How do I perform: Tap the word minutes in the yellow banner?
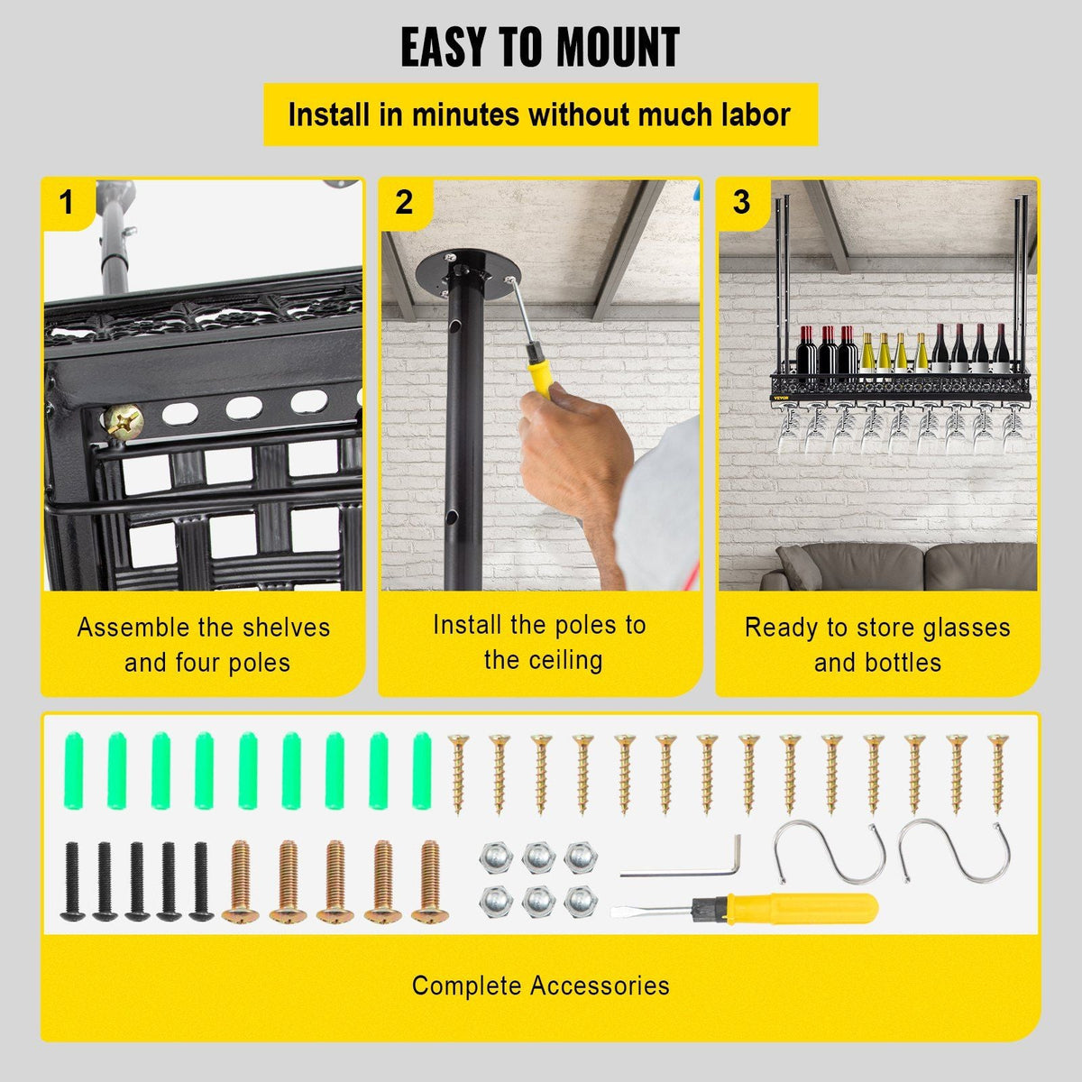tap(466, 115)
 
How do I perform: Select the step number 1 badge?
tap(67, 202)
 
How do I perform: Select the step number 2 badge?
tap(404, 202)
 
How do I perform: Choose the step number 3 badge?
tap(742, 202)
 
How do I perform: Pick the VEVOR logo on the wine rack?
tap(781, 399)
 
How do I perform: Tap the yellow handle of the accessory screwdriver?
tap(803, 909)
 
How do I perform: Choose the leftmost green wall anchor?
tap(74, 770)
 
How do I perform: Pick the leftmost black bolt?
tap(72, 881)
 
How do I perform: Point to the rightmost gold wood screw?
tap(998, 774)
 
